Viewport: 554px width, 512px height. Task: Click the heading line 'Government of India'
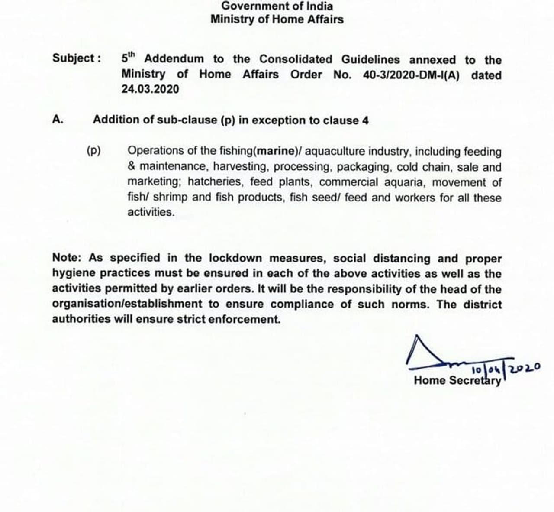tap(277, 6)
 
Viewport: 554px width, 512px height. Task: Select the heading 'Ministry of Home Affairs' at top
tap(277, 19)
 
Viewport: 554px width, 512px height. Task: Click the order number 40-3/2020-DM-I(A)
tap(412, 75)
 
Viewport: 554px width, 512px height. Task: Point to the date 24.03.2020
tap(150, 89)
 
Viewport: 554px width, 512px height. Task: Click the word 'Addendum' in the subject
tap(174, 59)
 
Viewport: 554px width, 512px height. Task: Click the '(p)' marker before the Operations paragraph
tap(93, 151)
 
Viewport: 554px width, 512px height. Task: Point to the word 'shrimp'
tap(171, 198)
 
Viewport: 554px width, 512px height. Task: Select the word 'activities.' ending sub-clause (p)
tap(151, 213)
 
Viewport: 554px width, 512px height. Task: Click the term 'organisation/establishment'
tap(127, 304)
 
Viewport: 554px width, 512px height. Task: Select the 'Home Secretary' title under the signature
tap(457, 381)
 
